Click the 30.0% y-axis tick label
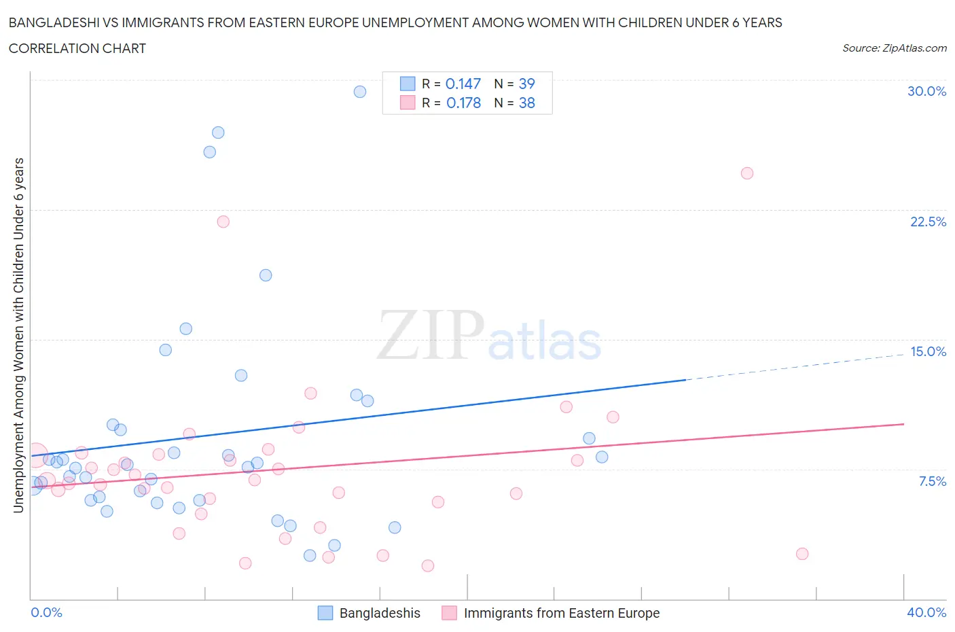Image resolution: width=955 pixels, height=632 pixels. [926, 91]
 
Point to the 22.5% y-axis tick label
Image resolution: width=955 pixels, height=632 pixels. [928, 222]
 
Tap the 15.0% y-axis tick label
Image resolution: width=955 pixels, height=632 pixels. [928, 351]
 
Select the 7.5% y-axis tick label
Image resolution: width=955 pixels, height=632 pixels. [932, 481]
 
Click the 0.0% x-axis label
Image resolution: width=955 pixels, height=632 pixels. [46, 612]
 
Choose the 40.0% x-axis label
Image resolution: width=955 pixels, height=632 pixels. [926, 612]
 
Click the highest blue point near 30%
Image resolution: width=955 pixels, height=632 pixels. [360, 92]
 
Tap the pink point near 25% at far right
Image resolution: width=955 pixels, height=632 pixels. [747, 173]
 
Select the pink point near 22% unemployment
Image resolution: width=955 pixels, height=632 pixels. [223, 222]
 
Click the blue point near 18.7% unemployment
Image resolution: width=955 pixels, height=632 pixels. [266, 275]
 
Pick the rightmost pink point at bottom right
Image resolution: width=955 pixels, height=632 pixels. [802, 554]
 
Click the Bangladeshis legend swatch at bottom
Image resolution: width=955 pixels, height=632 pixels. [325, 613]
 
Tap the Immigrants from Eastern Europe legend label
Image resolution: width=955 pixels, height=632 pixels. [561, 613]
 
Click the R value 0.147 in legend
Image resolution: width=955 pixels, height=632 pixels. [463, 84]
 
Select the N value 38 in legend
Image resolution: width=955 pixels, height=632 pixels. [526, 103]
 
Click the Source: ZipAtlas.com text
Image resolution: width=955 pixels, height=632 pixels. [894, 48]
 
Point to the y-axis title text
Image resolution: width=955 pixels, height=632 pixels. [18, 335]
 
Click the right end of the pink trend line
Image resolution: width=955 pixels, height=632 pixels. [903, 424]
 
